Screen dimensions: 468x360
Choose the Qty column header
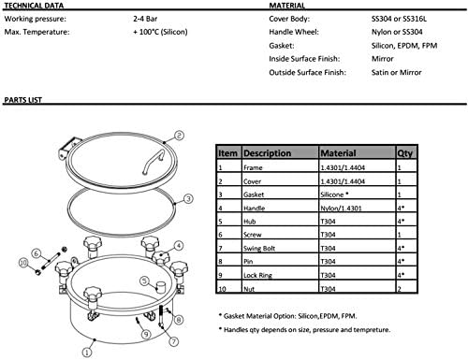click(404, 151)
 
